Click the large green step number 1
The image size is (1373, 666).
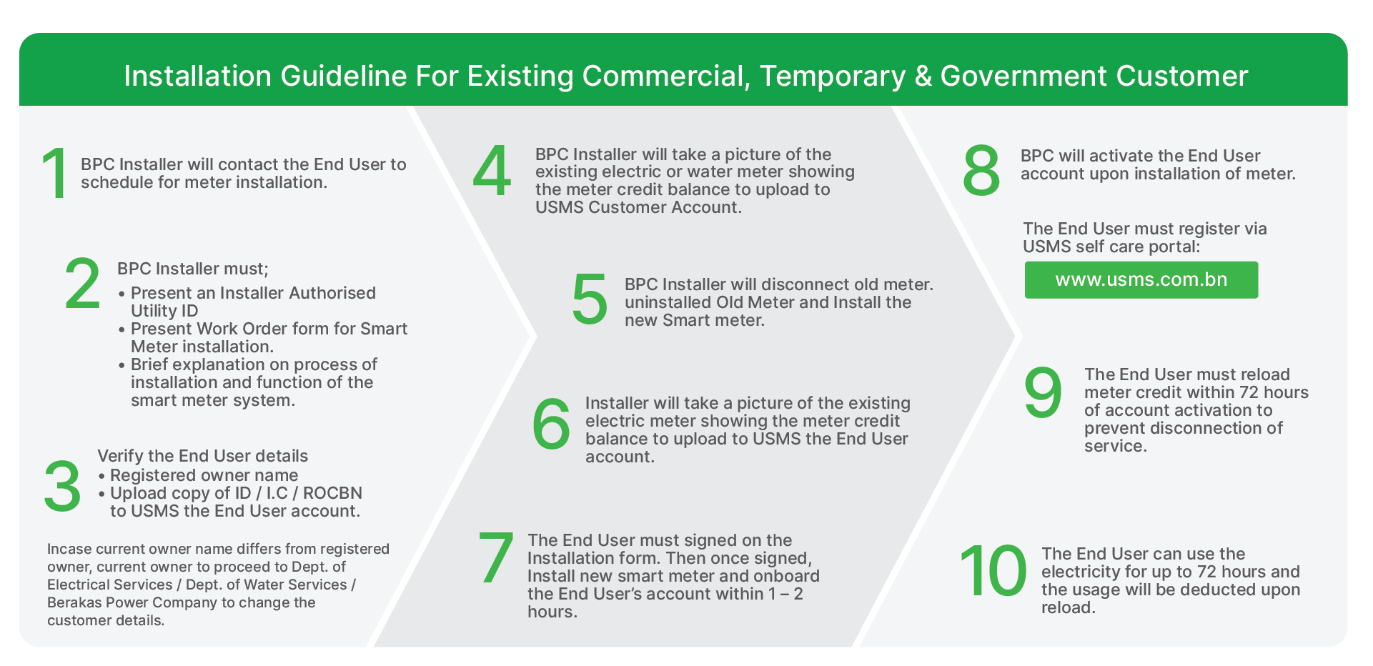coord(55,173)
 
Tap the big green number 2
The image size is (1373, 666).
coord(82,284)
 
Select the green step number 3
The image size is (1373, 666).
coord(62,486)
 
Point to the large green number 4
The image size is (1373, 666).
coord(492,171)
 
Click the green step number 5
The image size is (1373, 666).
coord(590,299)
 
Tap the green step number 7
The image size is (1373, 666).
coord(496,557)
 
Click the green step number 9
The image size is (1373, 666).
coord(1043,392)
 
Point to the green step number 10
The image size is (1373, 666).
coord(992,570)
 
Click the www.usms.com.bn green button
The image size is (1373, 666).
coord(1141,279)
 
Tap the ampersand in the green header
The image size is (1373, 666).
coord(923,76)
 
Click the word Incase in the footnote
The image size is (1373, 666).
coord(69,549)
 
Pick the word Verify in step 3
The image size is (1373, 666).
coord(119,457)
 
